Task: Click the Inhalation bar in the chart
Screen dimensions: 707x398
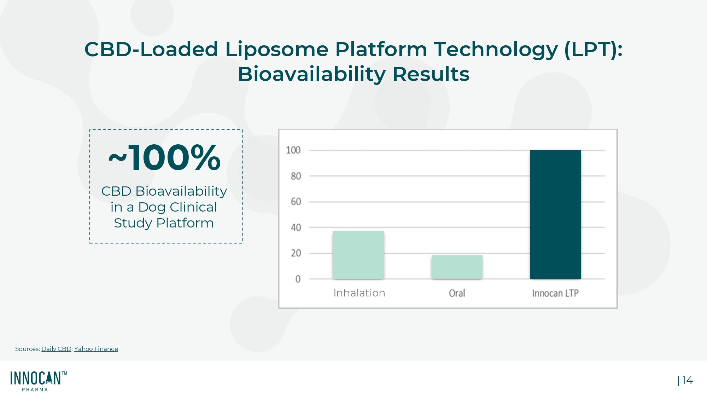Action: (x=358, y=255)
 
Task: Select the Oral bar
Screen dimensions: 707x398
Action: (x=457, y=267)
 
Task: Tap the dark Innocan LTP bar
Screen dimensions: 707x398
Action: (x=556, y=214)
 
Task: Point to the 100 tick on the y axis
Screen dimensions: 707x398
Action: (x=293, y=150)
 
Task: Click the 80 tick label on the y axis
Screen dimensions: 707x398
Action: (x=296, y=176)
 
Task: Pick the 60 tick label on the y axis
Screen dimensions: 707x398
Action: (x=296, y=202)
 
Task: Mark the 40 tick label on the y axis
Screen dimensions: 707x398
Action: (x=296, y=227)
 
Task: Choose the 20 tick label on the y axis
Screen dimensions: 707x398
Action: (x=296, y=253)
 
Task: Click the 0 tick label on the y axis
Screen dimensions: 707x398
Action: (x=298, y=279)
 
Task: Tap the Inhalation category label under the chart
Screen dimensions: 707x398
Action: (x=359, y=293)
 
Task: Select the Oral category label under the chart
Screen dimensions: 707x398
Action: (x=457, y=293)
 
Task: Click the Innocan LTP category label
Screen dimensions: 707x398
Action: (x=555, y=293)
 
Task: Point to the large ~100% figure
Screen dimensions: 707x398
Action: (x=165, y=157)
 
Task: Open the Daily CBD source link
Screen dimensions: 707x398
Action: (x=56, y=349)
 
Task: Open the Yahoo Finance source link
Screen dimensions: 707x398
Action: (x=96, y=349)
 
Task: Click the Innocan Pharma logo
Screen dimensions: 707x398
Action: (x=39, y=381)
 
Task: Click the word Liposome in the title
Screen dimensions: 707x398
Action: (x=277, y=49)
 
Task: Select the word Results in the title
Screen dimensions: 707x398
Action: (x=431, y=74)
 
